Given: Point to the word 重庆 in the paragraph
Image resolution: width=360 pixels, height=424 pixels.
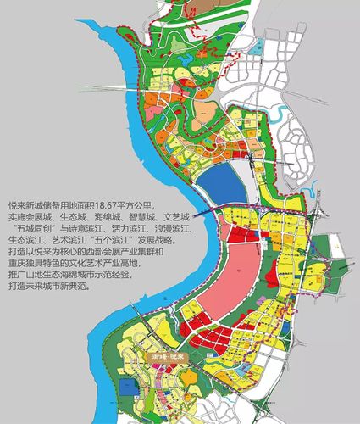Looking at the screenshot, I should pos(16,265).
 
